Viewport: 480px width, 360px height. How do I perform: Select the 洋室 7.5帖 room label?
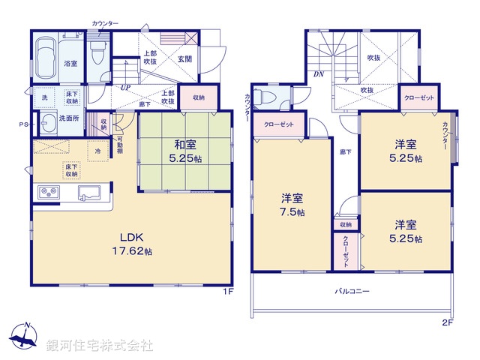pyautogui.click(x=292, y=205)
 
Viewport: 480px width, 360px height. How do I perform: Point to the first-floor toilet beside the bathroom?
pyautogui.click(x=97, y=51)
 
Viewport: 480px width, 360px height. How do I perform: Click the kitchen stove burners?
pyautogui.click(x=48, y=193)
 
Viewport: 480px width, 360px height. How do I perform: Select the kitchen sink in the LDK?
pyautogui.click(x=91, y=193)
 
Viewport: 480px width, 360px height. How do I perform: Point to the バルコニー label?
pyautogui.click(x=352, y=290)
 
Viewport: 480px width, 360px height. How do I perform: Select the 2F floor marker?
pyautogui.click(x=448, y=323)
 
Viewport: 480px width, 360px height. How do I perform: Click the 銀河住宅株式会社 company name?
pyautogui.click(x=100, y=345)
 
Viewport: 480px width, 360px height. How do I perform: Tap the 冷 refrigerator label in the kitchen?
pyautogui.click(x=97, y=151)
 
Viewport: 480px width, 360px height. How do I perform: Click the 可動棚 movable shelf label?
pyautogui.click(x=119, y=148)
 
